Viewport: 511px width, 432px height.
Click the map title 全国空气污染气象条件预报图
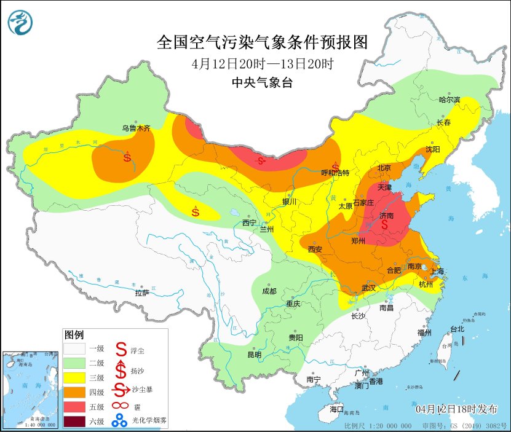click(262, 42)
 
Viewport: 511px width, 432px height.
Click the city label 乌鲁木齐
click(135, 128)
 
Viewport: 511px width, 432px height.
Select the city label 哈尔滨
click(450, 100)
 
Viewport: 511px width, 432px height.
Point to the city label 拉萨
click(142, 293)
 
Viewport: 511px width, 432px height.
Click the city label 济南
click(386, 216)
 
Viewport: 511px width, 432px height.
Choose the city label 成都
click(269, 291)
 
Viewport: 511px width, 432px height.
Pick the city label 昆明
click(254, 355)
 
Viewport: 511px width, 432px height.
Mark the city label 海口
click(336, 409)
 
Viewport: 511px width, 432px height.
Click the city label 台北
click(457, 329)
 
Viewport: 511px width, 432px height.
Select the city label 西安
click(315, 249)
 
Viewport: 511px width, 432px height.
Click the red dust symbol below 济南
click(386, 226)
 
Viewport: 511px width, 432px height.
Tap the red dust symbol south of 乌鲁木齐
click(127, 157)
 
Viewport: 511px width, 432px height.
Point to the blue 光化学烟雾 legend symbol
click(119, 421)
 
